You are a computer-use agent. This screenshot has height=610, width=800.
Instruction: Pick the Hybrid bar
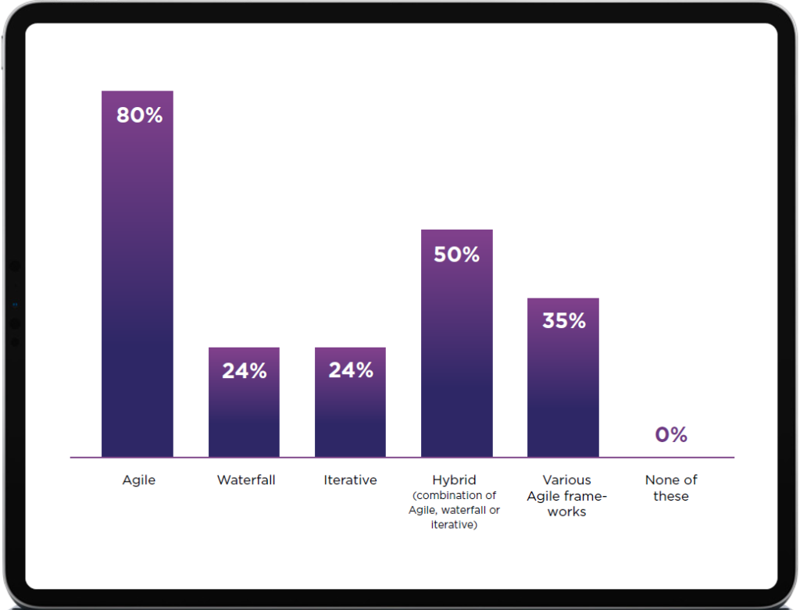click(x=456, y=359)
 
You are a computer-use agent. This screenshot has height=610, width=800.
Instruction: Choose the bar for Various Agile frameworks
click(x=562, y=391)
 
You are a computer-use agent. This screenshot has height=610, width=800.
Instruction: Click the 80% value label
click(x=139, y=116)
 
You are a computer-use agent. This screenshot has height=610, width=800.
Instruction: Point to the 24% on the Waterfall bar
click(x=244, y=371)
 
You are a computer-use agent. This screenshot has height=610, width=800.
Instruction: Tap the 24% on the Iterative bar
click(x=350, y=370)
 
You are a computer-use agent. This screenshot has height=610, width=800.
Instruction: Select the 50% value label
click(x=456, y=255)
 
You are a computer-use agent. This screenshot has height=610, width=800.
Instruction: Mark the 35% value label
click(x=562, y=321)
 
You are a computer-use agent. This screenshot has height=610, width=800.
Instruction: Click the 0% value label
click(x=671, y=436)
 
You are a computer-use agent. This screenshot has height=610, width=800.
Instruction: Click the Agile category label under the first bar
click(x=139, y=480)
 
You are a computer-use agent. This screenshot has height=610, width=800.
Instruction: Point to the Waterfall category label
click(x=246, y=480)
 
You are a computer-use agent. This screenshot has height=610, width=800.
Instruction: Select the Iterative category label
click(x=350, y=480)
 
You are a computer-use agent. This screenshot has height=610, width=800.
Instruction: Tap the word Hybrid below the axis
click(x=454, y=480)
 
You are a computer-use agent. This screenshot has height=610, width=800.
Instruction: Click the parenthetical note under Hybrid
click(x=454, y=510)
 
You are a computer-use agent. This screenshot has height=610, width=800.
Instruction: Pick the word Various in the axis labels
click(x=566, y=480)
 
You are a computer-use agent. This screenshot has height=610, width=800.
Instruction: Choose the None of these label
click(x=671, y=488)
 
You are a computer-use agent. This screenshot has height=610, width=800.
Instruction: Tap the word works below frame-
click(x=566, y=512)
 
